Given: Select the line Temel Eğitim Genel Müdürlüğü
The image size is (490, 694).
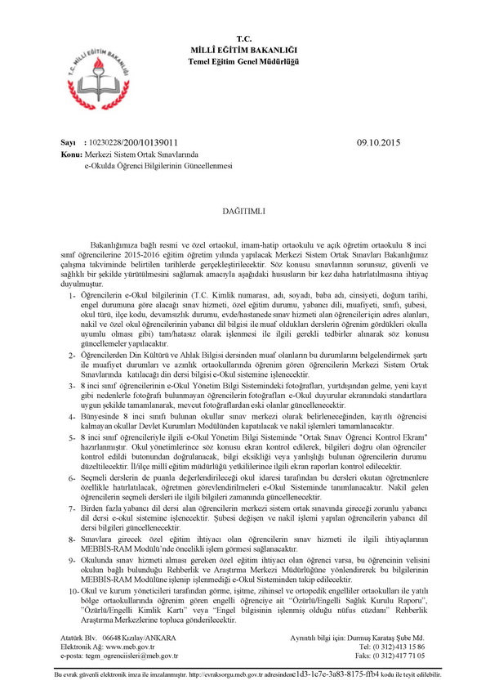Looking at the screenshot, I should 244,38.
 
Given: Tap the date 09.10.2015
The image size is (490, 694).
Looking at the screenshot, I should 381,141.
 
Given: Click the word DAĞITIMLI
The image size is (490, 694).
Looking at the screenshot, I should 244,210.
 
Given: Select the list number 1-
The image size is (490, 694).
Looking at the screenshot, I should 73,294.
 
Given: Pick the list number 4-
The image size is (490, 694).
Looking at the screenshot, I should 73,416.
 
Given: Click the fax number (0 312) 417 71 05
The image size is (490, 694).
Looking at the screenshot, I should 396,655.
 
